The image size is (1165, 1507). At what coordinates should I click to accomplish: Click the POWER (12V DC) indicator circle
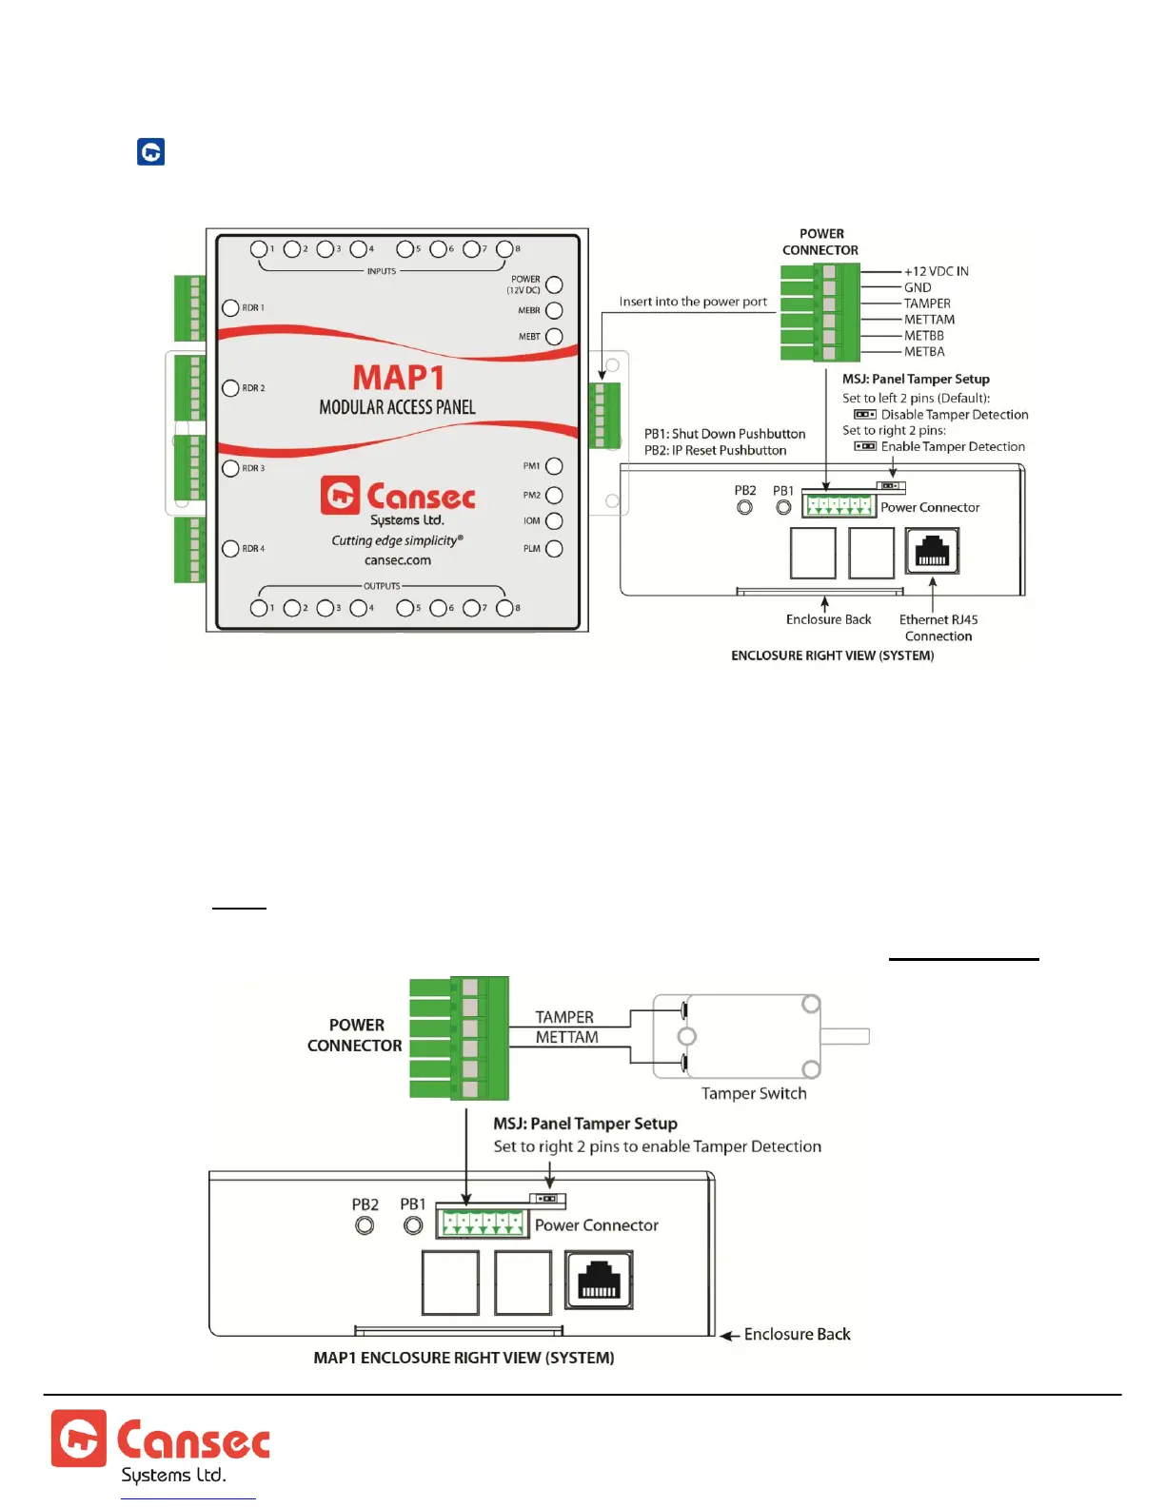554,284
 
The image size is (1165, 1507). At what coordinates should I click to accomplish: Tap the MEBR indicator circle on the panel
554,310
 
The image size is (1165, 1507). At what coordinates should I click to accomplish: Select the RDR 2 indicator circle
230,388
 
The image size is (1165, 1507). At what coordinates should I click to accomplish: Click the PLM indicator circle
554,548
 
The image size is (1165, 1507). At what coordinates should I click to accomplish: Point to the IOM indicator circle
554,521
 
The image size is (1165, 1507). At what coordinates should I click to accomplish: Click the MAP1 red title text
399,378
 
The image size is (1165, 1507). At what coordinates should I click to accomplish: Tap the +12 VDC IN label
936,271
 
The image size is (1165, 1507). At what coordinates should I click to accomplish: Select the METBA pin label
924,352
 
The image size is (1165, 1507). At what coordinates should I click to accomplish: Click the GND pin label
918,287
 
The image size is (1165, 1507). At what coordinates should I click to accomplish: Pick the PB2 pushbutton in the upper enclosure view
745,508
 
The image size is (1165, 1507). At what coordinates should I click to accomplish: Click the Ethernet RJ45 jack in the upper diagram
932,552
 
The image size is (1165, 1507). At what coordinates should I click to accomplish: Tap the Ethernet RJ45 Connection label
938,628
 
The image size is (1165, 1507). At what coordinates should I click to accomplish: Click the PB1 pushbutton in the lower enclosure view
413,1226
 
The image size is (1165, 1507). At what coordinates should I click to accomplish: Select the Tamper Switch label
754,1094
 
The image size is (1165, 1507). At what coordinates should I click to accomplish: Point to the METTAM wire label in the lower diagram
566,1038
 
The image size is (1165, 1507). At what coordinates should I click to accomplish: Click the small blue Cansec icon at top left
151,152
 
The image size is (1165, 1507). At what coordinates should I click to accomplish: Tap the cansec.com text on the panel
398,560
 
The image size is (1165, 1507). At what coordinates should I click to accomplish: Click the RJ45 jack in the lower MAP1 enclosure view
599,1280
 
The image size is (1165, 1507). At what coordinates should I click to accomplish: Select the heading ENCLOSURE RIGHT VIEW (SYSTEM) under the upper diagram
832,656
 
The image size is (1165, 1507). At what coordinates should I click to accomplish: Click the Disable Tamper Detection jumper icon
864,415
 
